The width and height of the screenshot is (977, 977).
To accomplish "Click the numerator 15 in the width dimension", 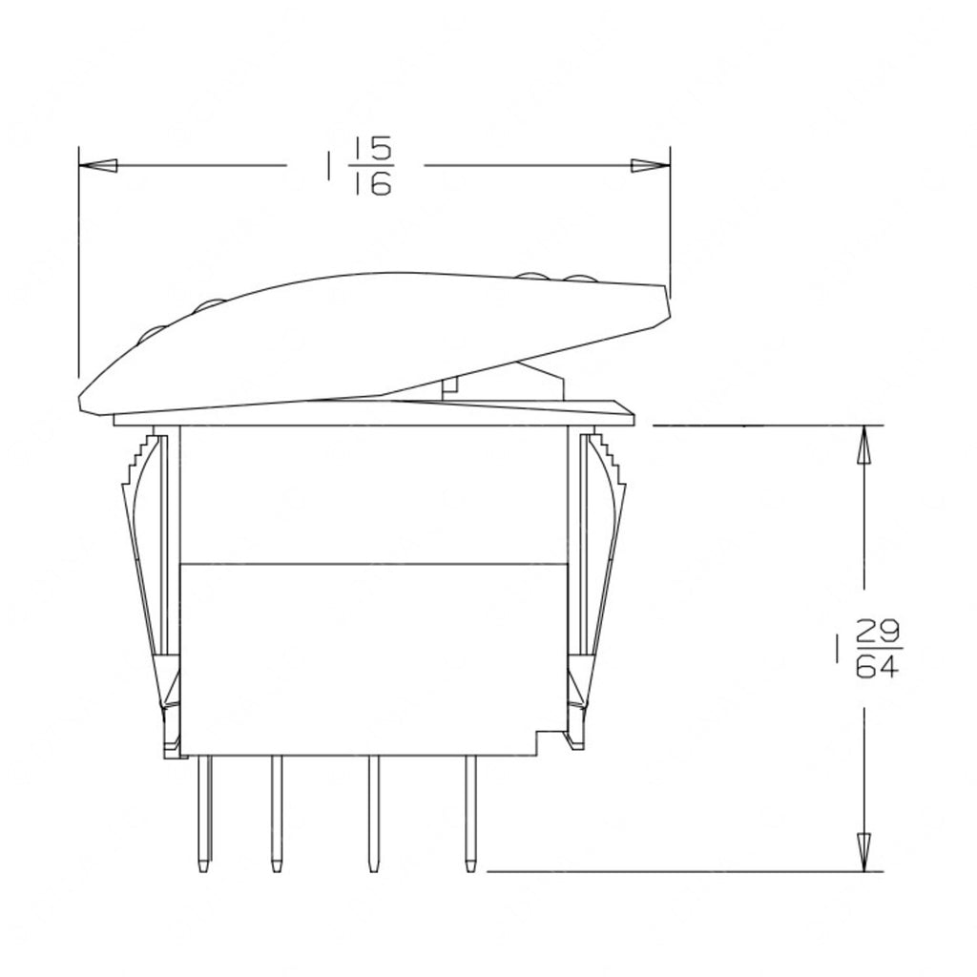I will pos(372,151).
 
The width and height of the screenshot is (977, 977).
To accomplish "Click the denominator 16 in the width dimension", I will pos(372,184).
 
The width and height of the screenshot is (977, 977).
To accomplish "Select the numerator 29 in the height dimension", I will pos(875,633).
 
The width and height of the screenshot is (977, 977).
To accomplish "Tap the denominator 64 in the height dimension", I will pos(875,667).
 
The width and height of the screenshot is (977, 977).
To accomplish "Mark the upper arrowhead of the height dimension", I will pos(864,446).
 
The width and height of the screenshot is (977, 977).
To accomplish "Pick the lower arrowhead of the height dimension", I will pos(864,850).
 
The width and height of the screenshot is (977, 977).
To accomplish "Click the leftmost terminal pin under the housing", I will pos(203,816).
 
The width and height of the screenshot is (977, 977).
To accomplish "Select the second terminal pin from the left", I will pos(276,816).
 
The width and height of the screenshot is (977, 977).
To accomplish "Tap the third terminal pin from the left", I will pos(373,816).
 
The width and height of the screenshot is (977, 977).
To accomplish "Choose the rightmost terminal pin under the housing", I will pos(469,816).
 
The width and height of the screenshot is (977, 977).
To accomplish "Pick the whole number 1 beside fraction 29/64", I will pos(836,650).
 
